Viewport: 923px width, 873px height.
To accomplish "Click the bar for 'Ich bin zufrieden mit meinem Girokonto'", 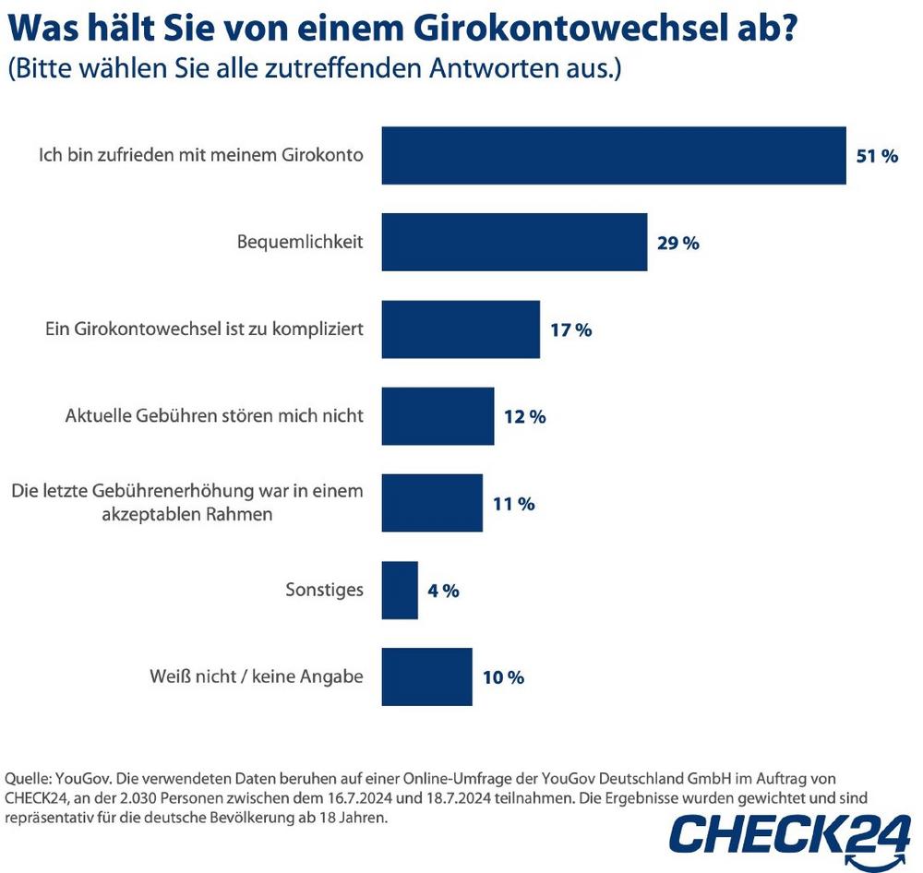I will (x=614, y=155).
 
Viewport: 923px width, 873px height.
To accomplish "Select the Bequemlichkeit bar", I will (x=514, y=243).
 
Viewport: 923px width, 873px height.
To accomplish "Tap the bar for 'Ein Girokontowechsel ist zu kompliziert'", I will (x=461, y=329).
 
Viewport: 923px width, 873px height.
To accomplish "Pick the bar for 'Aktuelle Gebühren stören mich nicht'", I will (x=438, y=416).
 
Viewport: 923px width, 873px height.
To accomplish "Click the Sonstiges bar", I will (x=400, y=591).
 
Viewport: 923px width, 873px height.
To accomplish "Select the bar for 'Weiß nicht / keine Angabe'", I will (x=426, y=677).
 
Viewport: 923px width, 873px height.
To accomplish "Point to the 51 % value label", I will (x=877, y=156).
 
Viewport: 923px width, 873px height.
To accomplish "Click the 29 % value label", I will (x=677, y=244).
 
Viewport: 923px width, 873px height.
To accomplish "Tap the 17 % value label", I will (x=570, y=330).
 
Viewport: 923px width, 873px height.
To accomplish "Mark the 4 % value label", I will (x=444, y=592).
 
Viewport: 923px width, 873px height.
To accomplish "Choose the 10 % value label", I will (x=503, y=678).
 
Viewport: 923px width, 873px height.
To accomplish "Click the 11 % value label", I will (x=513, y=505).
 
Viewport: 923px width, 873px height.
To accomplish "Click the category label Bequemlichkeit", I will (x=300, y=243).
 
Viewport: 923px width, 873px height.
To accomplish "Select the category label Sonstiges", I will (x=324, y=591).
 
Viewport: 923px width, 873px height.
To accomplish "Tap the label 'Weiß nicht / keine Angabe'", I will (x=257, y=677).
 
